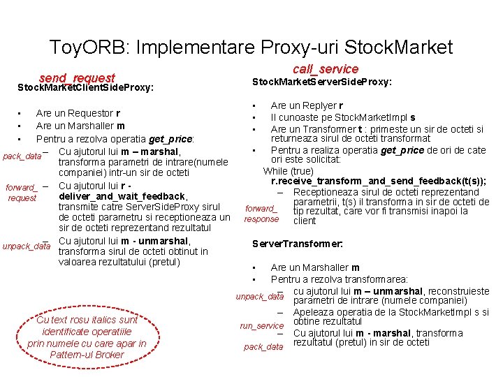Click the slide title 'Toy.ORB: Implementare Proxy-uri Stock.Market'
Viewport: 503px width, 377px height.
coord(251,47)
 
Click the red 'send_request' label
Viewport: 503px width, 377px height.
coord(77,78)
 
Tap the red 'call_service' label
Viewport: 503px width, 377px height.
coord(325,68)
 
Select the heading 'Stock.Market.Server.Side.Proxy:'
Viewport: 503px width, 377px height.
coord(321,82)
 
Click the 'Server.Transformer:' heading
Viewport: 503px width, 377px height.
coord(297,244)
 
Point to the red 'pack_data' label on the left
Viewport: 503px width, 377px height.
coord(22,156)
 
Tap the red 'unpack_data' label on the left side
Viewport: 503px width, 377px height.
coord(27,246)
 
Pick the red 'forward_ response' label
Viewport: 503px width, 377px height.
coord(261,214)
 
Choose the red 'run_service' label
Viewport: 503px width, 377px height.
coord(262,326)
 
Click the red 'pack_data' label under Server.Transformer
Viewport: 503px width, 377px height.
coord(263,347)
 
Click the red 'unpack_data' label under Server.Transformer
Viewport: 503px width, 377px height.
coord(260,297)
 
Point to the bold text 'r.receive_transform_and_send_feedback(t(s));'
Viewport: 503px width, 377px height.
coord(379,182)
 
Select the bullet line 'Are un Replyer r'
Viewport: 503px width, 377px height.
coord(303,106)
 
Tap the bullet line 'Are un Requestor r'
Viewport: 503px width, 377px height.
coord(78,113)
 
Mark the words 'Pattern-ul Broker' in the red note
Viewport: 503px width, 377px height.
coord(87,355)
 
